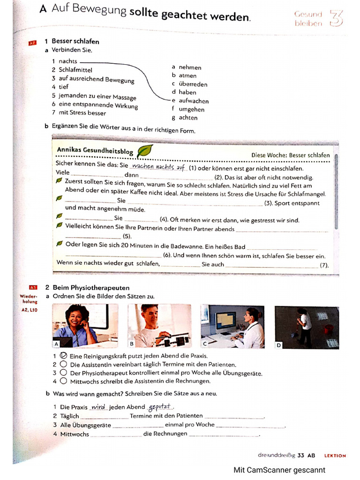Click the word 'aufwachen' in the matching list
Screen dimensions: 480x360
point(194,101)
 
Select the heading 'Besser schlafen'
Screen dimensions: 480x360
point(75,41)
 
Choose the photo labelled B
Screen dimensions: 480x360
point(159,326)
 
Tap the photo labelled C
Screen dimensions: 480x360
point(232,326)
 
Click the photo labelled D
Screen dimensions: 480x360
point(307,327)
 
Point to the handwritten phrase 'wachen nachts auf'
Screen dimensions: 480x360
point(158,167)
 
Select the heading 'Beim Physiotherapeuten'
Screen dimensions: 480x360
point(91,287)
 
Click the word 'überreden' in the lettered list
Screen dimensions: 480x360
point(193,84)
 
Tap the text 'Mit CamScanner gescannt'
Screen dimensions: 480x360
point(279,470)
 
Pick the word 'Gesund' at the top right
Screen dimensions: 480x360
point(308,15)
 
